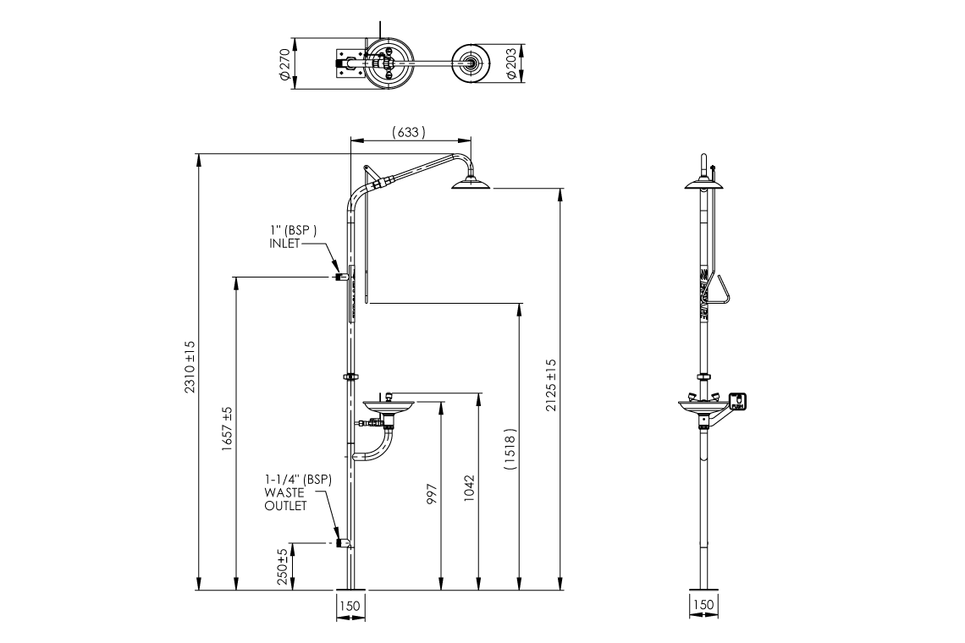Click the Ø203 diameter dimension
pyautogui.click(x=511, y=63)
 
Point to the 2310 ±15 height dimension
pyautogui.click(x=190, y=366)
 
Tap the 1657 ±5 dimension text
pyautogui.click(x=228, y=429)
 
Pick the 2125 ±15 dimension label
pyautogui.click(x=551, y=385)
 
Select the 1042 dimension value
pyautogui.click(x=471, y=489)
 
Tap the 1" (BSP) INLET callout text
pyautogui.click(x=293, y=236)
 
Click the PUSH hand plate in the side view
pyautogui.click(x=737, y=402)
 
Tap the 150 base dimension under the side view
pyautogui.click(x=703, y=605)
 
